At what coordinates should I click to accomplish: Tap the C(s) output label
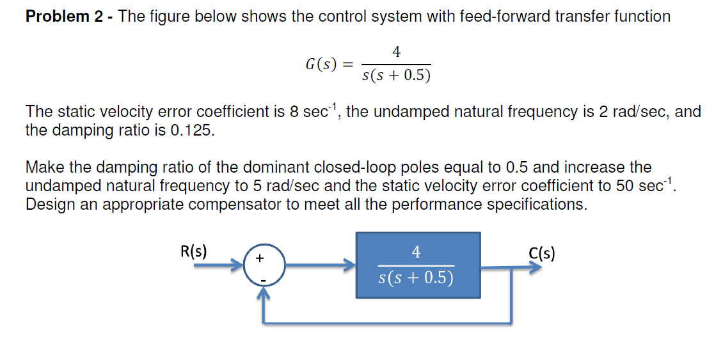click(541, 253)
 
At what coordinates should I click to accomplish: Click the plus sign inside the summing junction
click(259, 258)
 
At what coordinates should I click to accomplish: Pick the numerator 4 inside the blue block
click(416, 253)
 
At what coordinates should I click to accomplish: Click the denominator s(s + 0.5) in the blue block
click(416, 278)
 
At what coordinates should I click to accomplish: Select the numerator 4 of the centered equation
click(396, 52)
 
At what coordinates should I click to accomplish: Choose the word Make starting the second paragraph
click(44, 168)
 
